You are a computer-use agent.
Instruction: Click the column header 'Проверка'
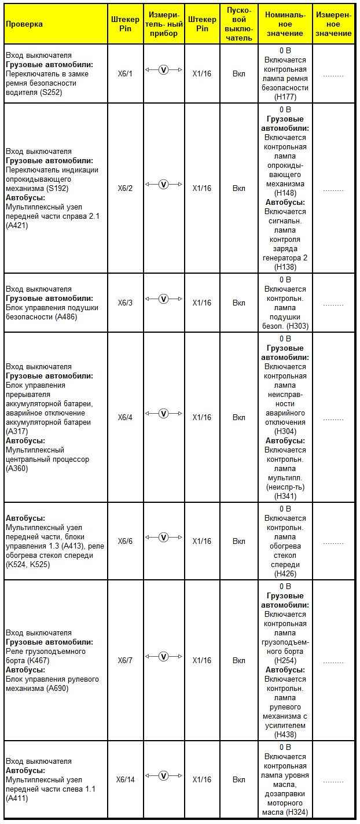(24, 24)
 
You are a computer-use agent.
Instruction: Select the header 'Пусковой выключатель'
(239, 24)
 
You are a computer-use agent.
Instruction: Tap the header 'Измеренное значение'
(333, 24)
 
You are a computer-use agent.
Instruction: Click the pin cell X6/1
(125, 74)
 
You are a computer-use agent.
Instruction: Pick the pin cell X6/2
(125, 188)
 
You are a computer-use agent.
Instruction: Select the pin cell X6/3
(125, 303)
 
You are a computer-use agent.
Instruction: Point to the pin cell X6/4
(125, 417)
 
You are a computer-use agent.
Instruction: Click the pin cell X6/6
(125, 541)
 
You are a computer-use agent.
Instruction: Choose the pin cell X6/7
(125, 660)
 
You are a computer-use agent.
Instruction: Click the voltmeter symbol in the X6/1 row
(163, 70)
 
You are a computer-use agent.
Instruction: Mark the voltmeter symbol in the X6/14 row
(163, 775)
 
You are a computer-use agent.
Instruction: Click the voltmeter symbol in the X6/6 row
(163, 537)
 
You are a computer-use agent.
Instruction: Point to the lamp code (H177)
(285, 97)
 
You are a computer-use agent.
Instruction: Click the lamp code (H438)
(285, 734)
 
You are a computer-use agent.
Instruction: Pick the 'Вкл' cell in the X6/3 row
(239, 303)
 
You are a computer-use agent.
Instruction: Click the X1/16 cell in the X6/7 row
(202, 660)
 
